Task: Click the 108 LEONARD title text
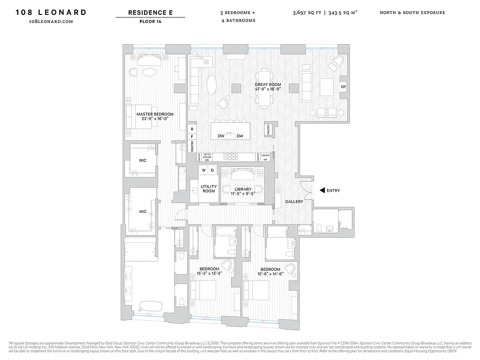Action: click(x=51, y=12)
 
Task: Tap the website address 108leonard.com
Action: click(x=51, y=21)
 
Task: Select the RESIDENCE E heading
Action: click(x=150, y=13)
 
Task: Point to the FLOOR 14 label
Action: click(x=150, y=21)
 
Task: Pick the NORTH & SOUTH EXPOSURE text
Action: click(x=412, y=13)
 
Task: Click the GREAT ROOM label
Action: click(x=268, y=85)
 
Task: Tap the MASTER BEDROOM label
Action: click(x=155, y=114)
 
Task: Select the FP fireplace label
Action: click(x=343, y=87)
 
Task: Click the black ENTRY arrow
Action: click(x=322, y=190)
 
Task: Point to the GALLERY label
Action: click(x=294, y=202)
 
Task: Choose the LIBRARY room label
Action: click(x=243, y=189)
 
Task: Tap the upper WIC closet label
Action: click(x=143, y=160)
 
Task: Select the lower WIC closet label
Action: click(x=143, y=211)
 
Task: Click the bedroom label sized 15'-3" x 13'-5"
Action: click(x=209, y=269)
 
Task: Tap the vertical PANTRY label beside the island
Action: click(x=269, y=130)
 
